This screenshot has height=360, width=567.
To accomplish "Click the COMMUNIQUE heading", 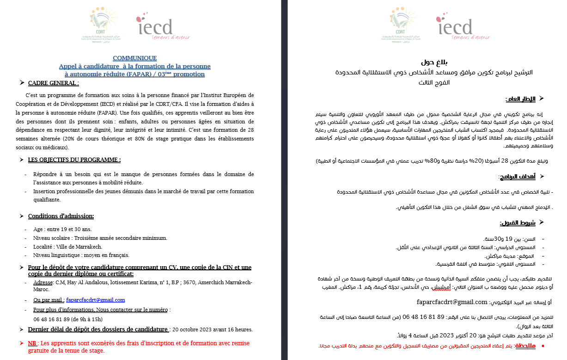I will (x=134, y=58).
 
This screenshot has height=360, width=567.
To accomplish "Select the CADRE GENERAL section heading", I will (x=53, y=83).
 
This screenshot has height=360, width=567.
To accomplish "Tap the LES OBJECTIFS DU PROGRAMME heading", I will (x=74, y=160).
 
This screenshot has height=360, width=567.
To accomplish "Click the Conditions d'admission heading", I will (x=61, y=216).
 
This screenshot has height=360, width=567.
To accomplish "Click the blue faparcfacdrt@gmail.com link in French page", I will (x=95, y=300).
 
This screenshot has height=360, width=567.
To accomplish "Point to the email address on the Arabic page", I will (x=452, y=302).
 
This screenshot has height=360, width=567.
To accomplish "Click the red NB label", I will (x=32, y=343).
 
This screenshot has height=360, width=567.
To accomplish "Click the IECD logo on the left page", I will (x=155, y=26).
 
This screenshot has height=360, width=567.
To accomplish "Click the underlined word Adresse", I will (x=43, y=282).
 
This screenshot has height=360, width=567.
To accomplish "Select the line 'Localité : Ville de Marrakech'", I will (x=67, y=247).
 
